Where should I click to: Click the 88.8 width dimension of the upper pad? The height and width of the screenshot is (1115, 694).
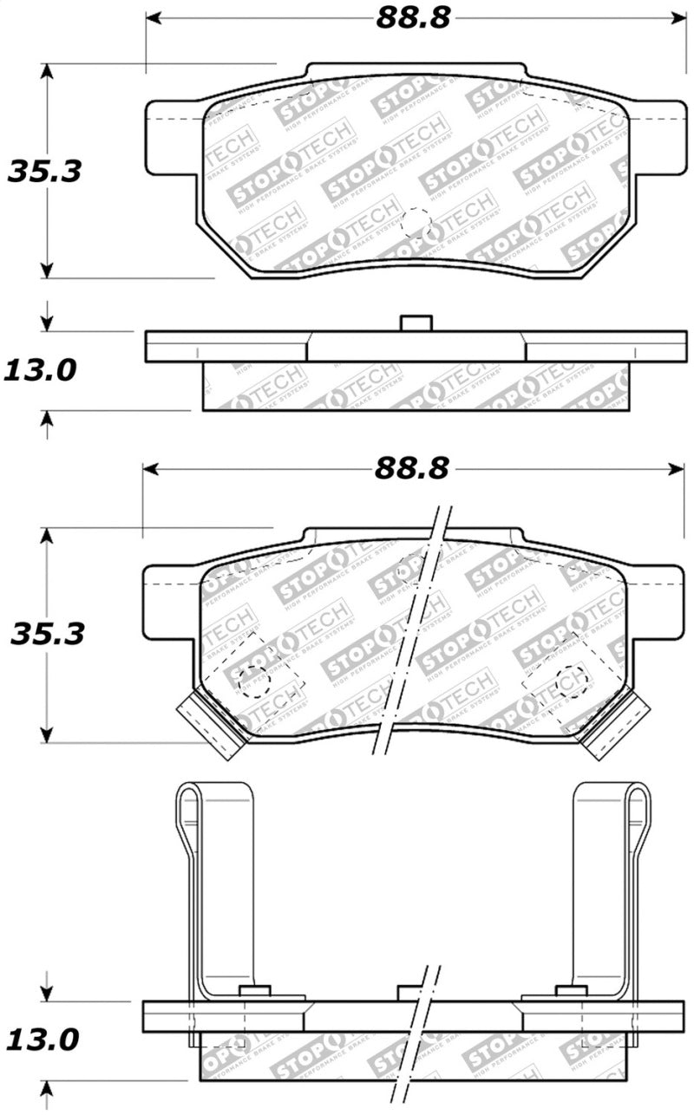[413, 18]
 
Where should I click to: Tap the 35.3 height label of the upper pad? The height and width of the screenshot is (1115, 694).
[45, 171]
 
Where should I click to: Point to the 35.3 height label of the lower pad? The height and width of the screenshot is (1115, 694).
[47, 634]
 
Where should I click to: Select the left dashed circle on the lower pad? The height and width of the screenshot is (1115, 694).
[254, 681]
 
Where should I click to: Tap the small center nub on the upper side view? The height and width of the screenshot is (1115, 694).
[416, 323]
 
